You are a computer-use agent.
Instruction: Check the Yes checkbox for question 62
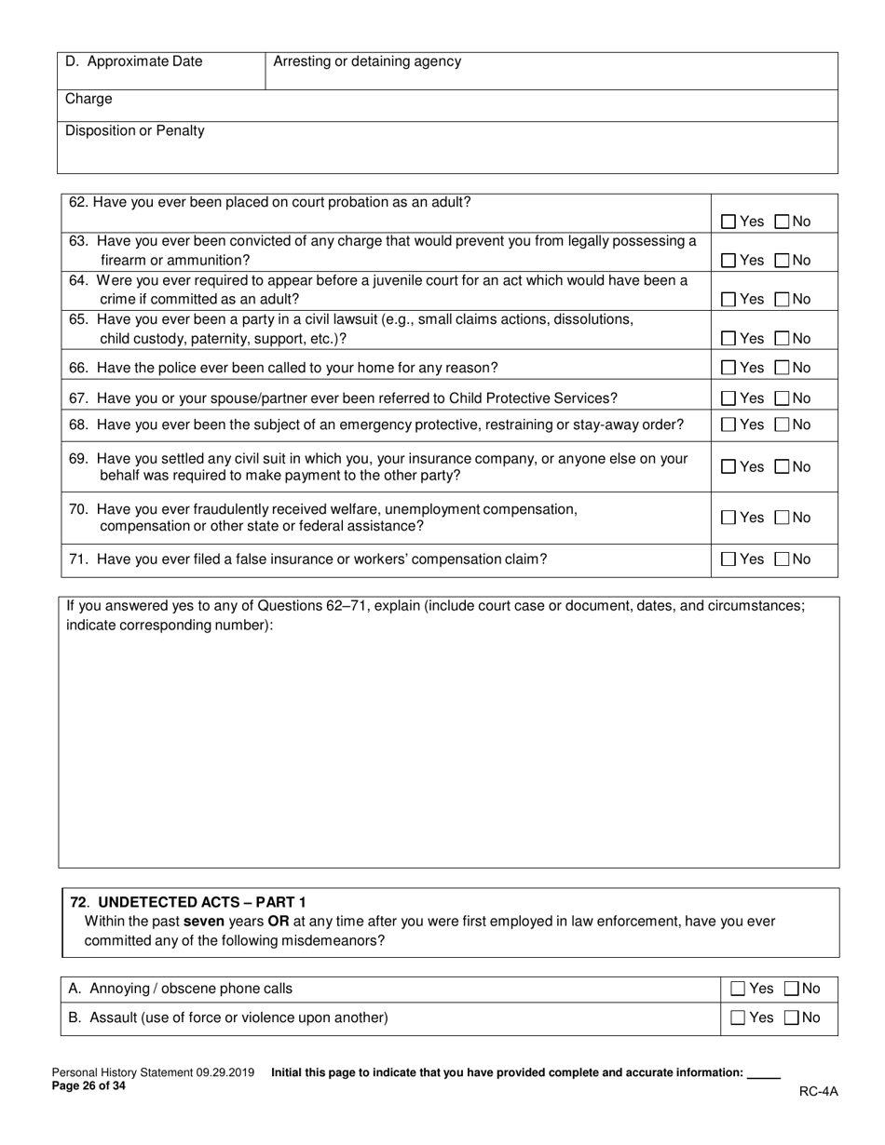coord(729,222)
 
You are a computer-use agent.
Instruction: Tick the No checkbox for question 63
coord(783,261)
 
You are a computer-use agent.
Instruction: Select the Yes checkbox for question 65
coord(729,339)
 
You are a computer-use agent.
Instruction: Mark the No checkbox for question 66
coord(783,368)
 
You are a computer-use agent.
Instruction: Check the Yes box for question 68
coord(729,425)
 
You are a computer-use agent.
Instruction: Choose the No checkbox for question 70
coord(783,519)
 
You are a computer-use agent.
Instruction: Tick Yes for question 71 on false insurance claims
coord(729,559)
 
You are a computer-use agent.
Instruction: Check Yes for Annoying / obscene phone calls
coord(739,990)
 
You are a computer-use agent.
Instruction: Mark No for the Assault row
coord(792,1018)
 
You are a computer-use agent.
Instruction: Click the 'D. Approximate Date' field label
coord(133,62)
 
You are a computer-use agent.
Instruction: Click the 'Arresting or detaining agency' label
coord(367,62)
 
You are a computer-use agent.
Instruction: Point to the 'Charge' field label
coord(88,99)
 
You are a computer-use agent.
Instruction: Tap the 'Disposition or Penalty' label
coord(135,130)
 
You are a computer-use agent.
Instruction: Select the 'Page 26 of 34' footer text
coord(88,1086)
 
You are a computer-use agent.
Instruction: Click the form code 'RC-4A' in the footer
coord(818,1092)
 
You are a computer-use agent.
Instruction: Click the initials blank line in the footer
coord(764,1074)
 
